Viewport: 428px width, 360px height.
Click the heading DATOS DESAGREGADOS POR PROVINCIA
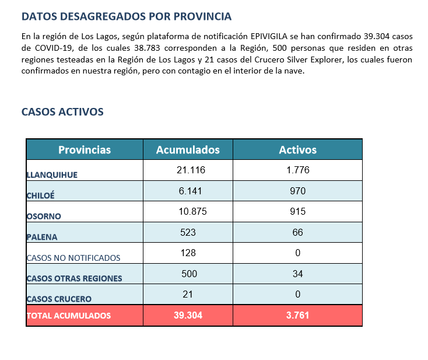[127, 16]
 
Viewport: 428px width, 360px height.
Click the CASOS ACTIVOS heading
[62, 111]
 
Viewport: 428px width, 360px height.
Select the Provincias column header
[85, 150]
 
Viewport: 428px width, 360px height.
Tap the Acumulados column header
[188, 150]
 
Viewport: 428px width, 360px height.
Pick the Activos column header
[297, 150]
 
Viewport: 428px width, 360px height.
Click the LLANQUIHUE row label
[52, 175]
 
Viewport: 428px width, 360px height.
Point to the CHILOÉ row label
[40, 195]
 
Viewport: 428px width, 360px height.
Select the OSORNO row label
[44, 216]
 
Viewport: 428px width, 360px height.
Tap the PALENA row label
[42, 237]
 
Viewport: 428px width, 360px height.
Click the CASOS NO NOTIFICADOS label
[73, 258]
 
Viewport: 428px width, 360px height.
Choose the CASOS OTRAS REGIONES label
[74, 278]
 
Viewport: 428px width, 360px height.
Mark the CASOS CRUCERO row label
[59, 299]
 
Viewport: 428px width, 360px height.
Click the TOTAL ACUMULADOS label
[69, 316]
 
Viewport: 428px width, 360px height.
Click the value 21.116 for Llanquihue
[191, 170]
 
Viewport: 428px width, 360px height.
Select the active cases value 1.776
[298, 170]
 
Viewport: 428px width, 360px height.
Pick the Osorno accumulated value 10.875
[192, 211]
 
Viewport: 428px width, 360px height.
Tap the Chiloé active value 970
[297, 191]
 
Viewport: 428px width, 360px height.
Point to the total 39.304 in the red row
[188, 315]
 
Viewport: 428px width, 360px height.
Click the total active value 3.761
[297, 315]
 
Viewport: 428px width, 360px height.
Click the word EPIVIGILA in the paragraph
[269, 36]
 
